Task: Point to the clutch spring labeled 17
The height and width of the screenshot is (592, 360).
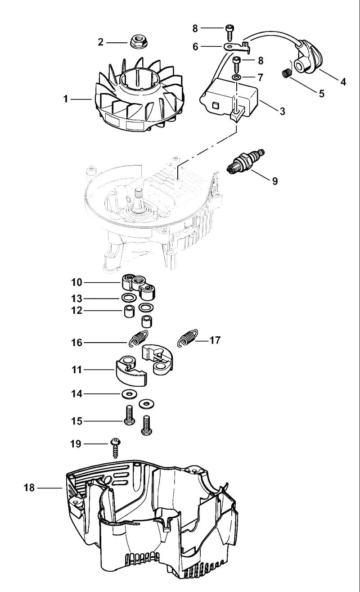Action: [188, 338]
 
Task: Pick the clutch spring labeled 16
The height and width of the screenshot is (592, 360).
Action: [138, 339]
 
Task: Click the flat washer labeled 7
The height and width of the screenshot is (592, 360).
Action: [237, 77]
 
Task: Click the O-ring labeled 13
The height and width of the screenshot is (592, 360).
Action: [129, 298]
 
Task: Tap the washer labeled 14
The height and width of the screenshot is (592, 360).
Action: [130, 394]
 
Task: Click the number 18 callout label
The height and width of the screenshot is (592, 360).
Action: [29, 488]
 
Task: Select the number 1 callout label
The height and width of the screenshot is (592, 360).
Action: [66, 99]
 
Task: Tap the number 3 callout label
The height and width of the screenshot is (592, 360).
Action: [282, 111]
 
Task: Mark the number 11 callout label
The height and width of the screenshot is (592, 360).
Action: [77, 370]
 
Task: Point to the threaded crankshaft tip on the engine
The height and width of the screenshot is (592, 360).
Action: [138, 194]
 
